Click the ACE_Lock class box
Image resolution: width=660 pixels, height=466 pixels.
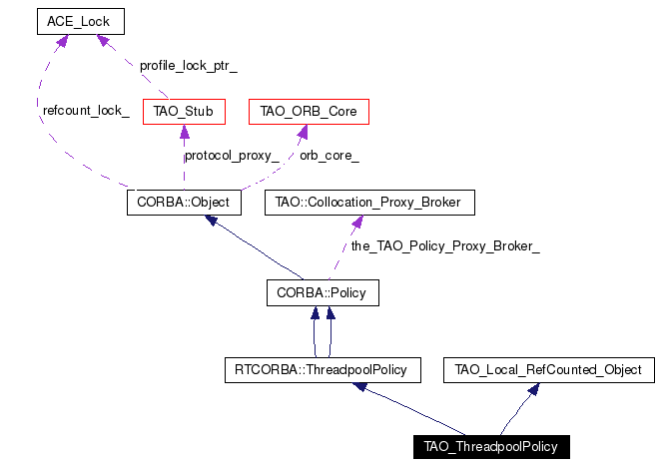(x=81, y=21)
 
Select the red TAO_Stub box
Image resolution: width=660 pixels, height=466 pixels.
(x=184, y=112)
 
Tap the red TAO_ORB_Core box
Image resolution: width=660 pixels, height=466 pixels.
(x=309, y=112)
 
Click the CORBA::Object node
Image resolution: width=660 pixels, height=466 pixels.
(x=184, y=203)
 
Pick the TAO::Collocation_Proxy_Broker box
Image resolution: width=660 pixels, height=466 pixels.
(x=369, y=203)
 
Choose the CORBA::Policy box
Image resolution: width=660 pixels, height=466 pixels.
(x=323, y=292)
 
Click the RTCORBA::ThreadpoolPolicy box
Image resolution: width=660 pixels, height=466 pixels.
(x=323, y=370)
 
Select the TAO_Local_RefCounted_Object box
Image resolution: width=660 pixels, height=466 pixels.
(x=549, y=370)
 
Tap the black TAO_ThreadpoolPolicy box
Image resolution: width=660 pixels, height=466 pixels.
(x=491, y=447)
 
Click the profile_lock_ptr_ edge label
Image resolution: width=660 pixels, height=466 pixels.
(x=188, y=66)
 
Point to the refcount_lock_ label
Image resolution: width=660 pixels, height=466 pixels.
(x=86, y=111)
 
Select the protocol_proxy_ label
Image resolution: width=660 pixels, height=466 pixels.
(x=232, y=156)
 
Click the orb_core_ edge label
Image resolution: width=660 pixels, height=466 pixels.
(x=330, y=156)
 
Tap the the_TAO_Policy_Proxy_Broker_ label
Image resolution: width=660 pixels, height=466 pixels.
(x=445, y=246)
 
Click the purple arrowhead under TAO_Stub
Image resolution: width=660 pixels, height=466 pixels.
(x=185, y=132)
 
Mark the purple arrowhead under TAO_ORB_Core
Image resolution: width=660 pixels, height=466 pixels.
(x=303, y=132)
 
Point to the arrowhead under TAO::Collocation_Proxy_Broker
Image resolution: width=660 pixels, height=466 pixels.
(x=357, y=223)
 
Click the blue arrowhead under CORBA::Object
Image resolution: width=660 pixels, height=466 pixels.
(x=212, y=220)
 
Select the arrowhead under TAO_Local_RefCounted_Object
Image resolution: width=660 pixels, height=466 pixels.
(x=534, y=389)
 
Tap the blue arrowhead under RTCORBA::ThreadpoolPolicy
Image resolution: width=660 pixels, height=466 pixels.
(x=359, y=386)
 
